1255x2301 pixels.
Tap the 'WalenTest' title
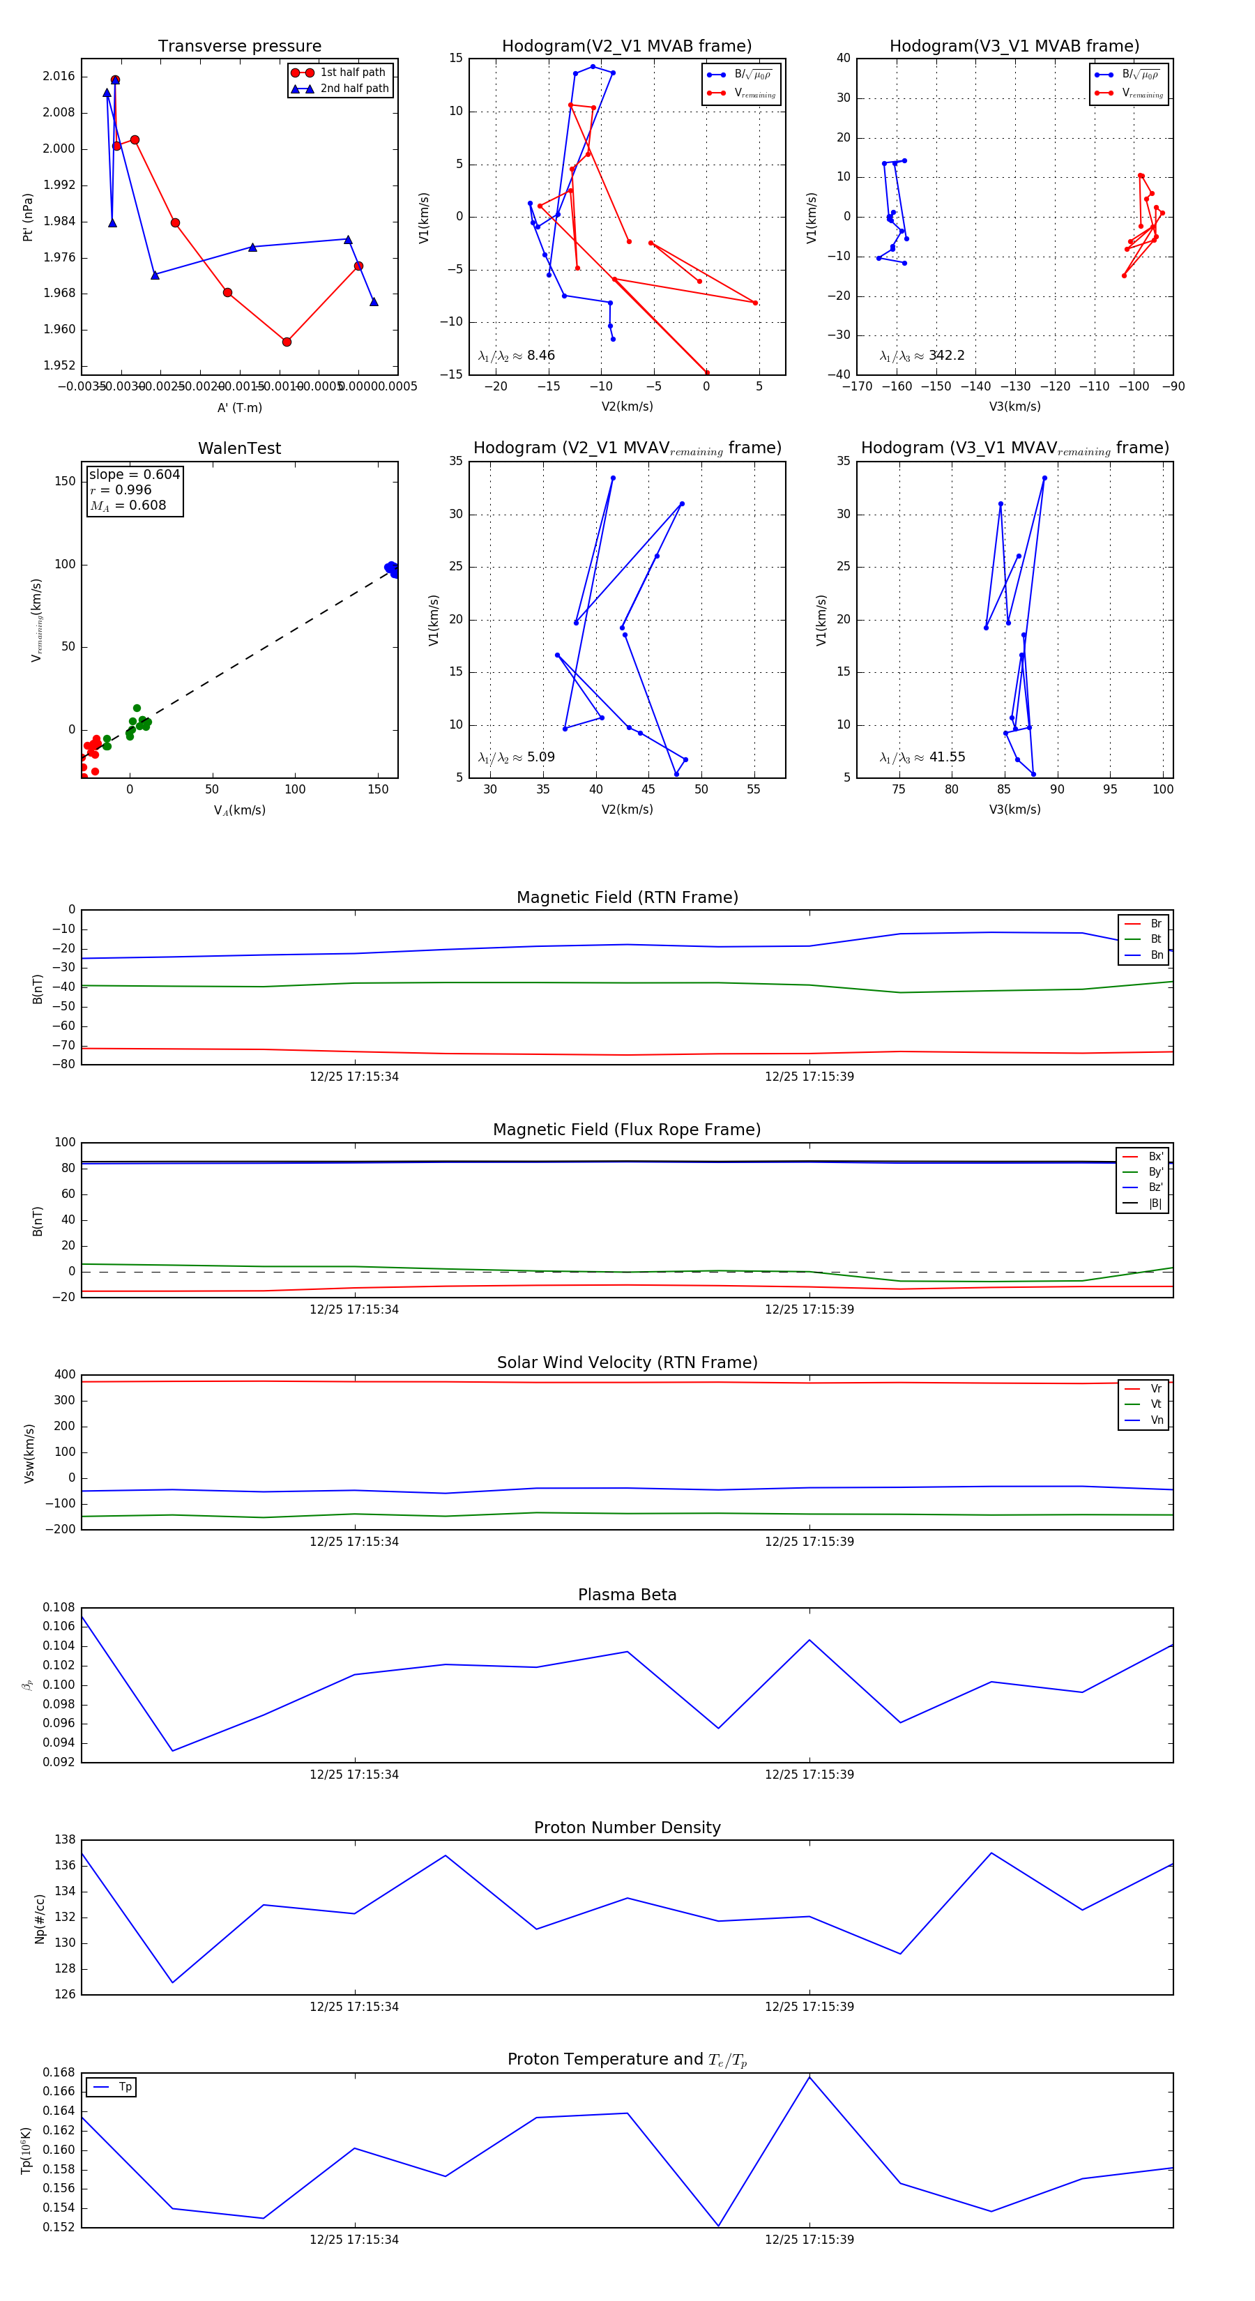click(x=239, y=448)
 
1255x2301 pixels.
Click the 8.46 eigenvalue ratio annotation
click(x=516, y=356)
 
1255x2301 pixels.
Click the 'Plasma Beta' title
click(x=627, y=1595)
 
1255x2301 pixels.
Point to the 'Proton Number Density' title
click(x=627, y=1828)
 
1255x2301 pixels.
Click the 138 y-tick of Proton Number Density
click(x=64, y=1840)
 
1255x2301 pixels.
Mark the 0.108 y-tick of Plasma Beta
click(x=59, y=1608)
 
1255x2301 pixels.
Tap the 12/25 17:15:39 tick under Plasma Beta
click(x=808, y=1775)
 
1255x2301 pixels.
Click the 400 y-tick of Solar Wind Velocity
click(x=64, y=1375)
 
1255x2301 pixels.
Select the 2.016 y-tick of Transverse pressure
click(x=59, y=76)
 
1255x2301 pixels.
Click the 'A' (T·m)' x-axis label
click(x=239, y=408)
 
